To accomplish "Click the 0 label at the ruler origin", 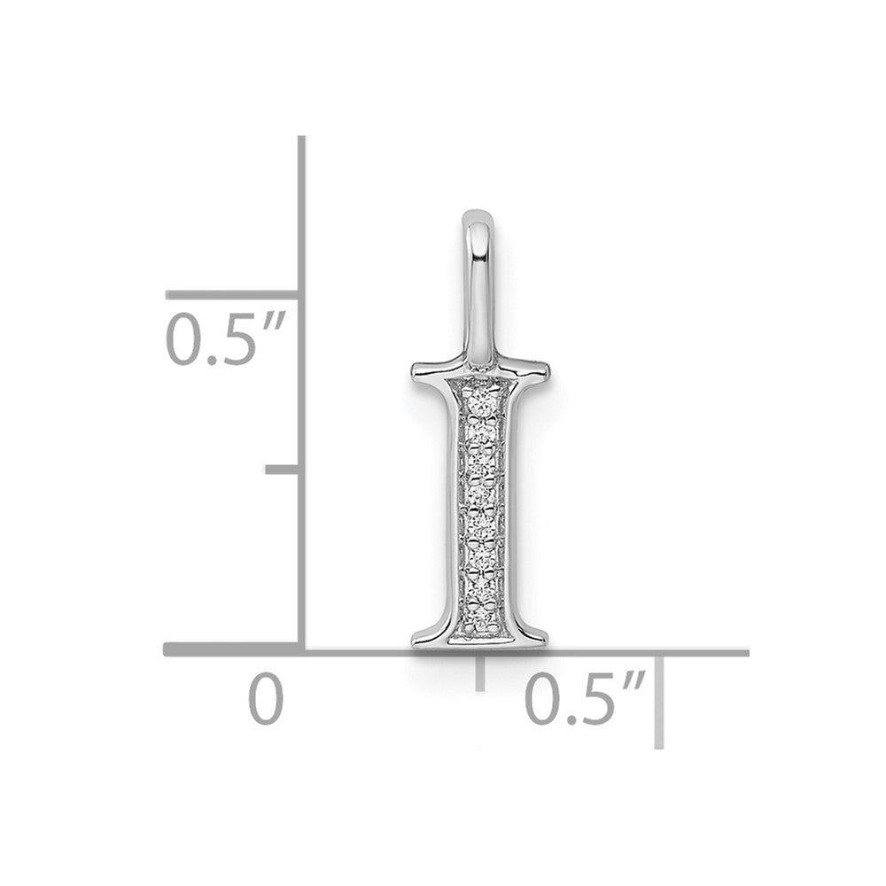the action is [266, 698].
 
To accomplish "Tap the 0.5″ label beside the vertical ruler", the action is [225, 338].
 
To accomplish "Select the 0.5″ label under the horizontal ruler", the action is [586, 698].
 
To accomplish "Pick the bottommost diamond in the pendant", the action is [480, 618].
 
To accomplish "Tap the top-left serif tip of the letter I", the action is [413, 371].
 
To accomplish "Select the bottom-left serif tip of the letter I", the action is [413, 641].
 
